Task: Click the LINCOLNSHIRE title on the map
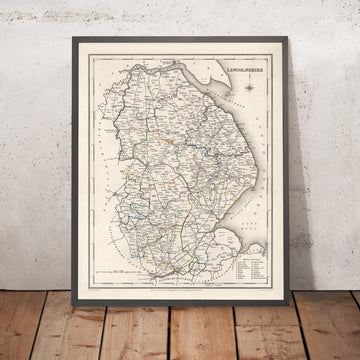(243, 72)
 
